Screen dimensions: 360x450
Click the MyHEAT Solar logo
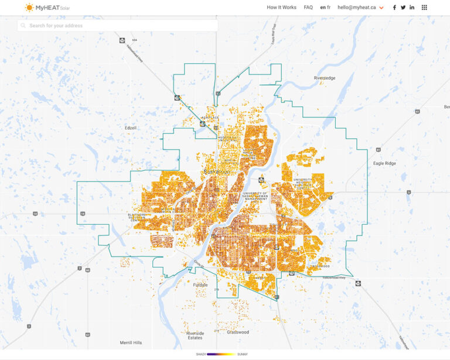tap(47, 8)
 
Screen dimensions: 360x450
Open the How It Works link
tap(281, 8)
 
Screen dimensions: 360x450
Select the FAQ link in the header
tap(308, 8)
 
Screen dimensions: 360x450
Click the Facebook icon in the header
tap(394, 8)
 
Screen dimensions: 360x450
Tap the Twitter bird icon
tap(403, 8)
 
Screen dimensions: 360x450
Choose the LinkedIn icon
tap(412, 8)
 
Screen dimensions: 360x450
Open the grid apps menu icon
tap(424, 8)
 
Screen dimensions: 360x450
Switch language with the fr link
tap(329, 8)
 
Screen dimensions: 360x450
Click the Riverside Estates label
tap(195, 335)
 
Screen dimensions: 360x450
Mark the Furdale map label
tap(200, 285)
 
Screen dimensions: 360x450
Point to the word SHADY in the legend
tap(201, 354)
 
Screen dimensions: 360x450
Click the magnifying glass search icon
tap(23, 26)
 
